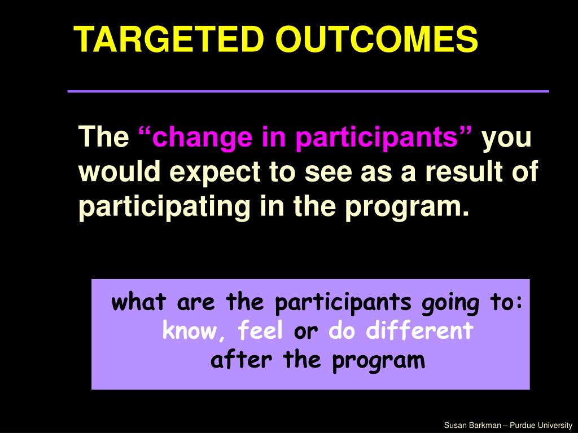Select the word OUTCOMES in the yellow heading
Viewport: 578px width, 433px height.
point(376,39)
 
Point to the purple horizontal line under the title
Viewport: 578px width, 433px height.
point(308,91)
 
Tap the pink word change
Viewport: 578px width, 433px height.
point(203,138)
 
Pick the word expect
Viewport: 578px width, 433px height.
point(216,173)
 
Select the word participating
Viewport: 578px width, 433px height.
point(164,207)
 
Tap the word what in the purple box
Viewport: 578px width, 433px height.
point(139,302)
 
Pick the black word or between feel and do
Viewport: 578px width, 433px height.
point(305,332)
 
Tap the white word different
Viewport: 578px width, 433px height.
point(419,330)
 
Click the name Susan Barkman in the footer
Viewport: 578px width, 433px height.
point(472,425)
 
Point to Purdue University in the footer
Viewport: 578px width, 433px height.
point(541,426)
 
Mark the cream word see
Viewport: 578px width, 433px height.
point(328,173)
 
